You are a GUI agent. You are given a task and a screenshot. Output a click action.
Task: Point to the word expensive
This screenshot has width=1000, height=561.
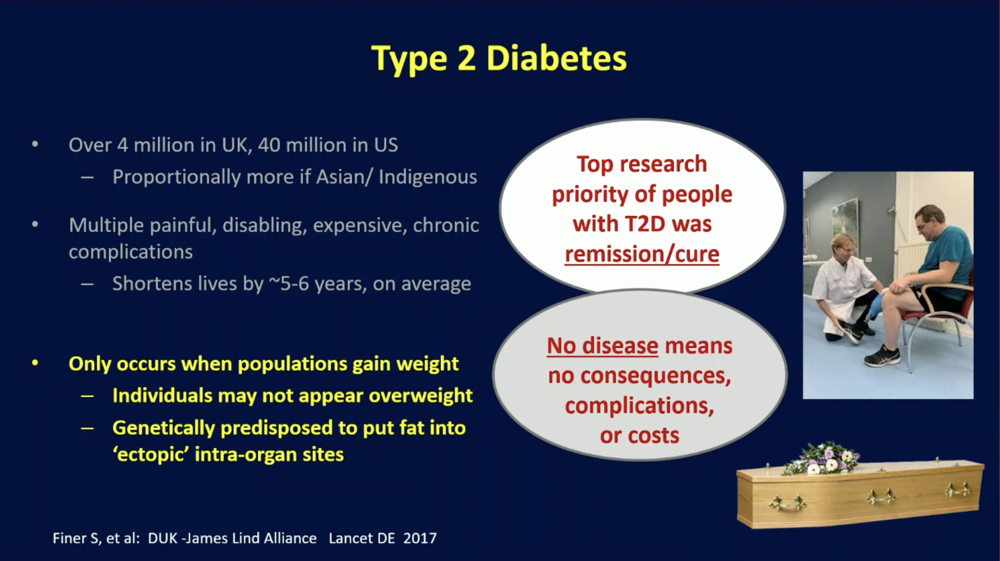[x=360, y=226]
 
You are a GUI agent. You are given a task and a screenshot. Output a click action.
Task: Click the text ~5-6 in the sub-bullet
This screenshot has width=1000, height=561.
[x=289, y=284]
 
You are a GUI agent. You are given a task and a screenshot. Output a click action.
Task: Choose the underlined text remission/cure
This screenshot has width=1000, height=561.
[x=642, y=255]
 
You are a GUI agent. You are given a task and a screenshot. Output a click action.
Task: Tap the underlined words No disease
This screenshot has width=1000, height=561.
[x=602, y=345]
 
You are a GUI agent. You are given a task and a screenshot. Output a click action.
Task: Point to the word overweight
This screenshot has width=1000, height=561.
[x=421, y=396]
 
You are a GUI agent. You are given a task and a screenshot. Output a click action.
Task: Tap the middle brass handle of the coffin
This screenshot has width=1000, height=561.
[x=880, y=497]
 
